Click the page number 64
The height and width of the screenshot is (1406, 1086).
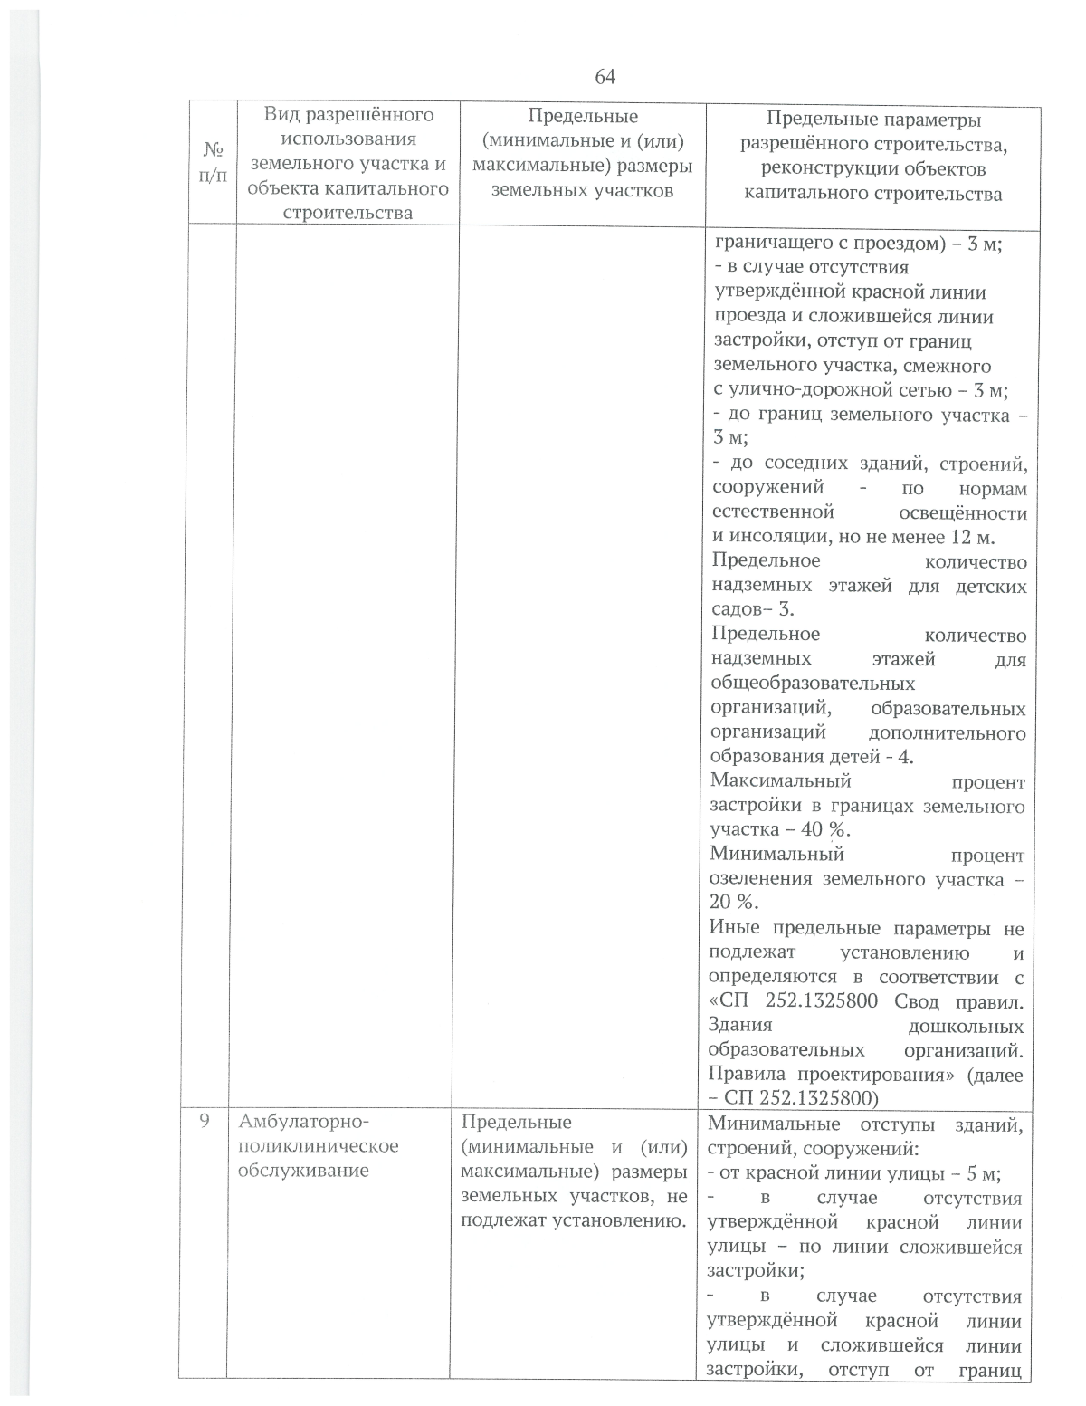(605, 77)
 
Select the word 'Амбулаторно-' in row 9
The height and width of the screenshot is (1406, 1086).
(299, 1122)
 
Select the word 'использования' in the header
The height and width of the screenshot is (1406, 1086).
(348, 139)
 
